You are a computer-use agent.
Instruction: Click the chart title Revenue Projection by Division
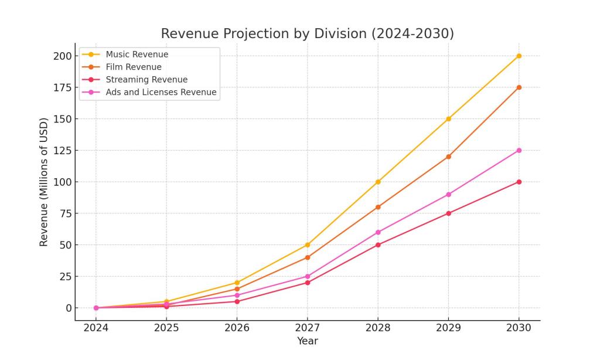[x=307, y=34]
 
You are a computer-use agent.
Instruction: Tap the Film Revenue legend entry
[x=134, y=67]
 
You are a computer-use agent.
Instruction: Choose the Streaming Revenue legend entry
[x=146, y=80]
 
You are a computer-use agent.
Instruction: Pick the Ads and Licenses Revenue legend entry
[x=161, y=92]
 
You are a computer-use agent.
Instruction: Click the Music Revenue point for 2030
[x=519, y=56]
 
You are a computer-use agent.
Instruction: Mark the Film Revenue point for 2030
[x=519, y=87]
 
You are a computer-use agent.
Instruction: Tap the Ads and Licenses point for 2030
[x=519, y=150]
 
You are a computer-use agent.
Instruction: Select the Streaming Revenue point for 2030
[x=519, y=182]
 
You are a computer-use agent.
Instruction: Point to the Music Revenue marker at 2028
[x=378, y=182]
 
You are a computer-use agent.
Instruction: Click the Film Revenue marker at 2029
[x=448, y=157]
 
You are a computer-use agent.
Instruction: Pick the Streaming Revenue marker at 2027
[x=308, y=283]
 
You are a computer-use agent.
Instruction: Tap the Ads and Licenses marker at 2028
[x=378, y=232]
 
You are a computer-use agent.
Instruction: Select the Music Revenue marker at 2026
[x=237, y=283]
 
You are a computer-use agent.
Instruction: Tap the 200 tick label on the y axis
[x=62, y=56]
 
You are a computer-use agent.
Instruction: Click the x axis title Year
[x=307, y=341]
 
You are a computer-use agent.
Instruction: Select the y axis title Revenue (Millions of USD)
[x=44, y=182]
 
